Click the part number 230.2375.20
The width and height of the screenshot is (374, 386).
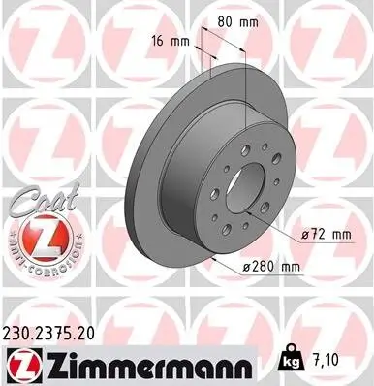(x=56, y=331)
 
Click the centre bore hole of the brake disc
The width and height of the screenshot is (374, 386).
(x=254, y=181)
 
